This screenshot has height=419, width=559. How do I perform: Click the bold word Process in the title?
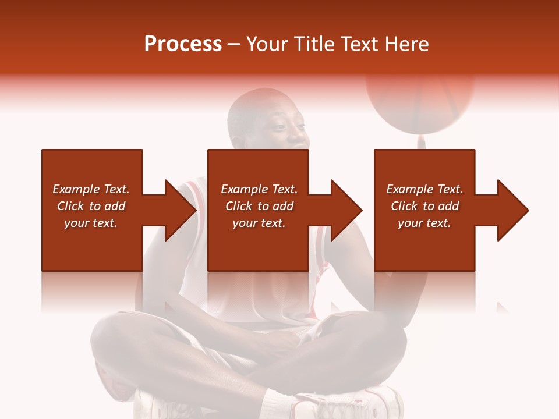click(183, 44)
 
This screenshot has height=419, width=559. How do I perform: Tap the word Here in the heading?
click(406, 44)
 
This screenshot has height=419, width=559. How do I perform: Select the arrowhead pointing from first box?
click(178, 210)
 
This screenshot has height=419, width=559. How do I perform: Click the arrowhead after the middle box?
click(345, 210)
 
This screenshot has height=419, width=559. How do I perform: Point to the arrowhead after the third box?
click(511, 210)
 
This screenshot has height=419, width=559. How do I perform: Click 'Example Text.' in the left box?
click(91, 189)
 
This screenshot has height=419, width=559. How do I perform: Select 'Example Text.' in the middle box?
click(259, 189)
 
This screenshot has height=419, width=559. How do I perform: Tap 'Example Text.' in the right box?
click(424, 189)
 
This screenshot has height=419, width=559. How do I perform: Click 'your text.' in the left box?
click(91, 223)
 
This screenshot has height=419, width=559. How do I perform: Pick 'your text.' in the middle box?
click(259, 223)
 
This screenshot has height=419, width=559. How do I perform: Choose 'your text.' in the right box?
click(424, 223)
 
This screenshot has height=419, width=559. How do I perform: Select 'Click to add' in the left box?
click(91, 206)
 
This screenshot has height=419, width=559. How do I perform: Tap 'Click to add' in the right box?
click(424, 206)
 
